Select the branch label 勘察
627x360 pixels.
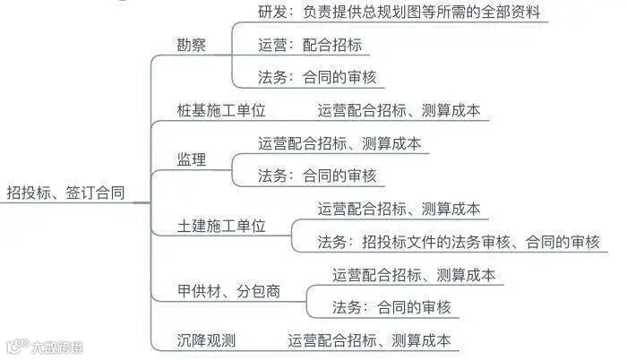pos(192,45)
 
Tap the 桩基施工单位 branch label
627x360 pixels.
pos(221,111)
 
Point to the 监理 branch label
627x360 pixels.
pos(192,160)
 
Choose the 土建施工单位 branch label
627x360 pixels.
pos(221,226)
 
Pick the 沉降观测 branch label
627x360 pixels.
pos(206,340)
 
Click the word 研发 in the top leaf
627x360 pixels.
pos(271,13)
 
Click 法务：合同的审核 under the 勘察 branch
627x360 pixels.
pos(317,78)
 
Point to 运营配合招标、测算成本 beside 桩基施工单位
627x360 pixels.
pos(399,111)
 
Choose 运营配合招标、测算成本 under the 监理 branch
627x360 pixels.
pos(339,143)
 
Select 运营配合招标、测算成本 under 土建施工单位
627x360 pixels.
pos(399,209)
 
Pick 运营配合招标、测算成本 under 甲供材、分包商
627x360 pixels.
pos(414,275)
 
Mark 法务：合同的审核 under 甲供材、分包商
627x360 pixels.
pos(391,307)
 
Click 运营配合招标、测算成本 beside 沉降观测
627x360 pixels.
pos(369,340)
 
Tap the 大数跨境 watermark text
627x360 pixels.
pos(56,347)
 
